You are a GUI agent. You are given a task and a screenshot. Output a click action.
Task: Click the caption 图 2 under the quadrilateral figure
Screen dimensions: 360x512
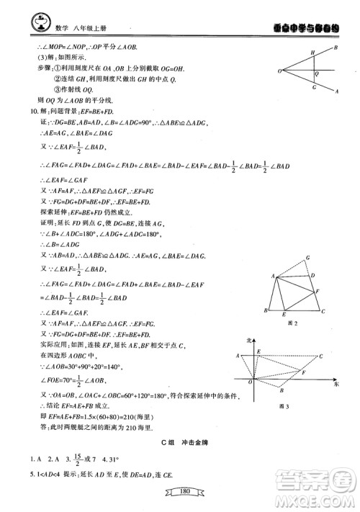click(292, 323)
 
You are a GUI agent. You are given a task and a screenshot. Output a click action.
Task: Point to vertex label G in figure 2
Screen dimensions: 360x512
click(307, 256)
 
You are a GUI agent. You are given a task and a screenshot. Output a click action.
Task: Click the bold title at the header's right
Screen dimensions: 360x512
click(296, 26)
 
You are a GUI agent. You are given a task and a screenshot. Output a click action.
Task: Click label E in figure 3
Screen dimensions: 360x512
click(258, 351)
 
